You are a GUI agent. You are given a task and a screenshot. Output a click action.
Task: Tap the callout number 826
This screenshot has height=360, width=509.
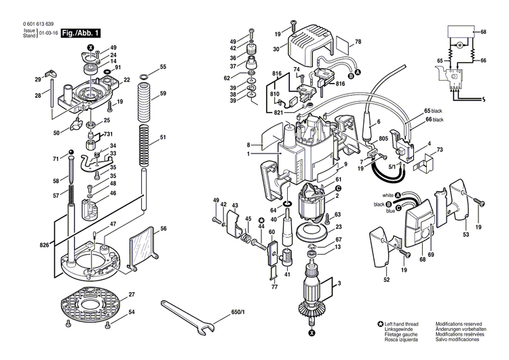[45, 244]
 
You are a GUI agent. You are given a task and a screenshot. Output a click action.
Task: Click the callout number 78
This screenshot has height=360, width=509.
[358, 43]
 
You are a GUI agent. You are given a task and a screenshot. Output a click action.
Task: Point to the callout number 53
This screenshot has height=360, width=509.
[466, 234]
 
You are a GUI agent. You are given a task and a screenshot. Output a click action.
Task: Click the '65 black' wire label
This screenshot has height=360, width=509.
[433, 111]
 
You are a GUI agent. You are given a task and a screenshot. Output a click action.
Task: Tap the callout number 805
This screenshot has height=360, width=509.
[383, 139]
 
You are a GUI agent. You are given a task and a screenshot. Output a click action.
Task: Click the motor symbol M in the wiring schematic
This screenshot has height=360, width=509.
[459, 45]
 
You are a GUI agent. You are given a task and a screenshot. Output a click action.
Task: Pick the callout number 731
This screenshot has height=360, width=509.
[108, 134]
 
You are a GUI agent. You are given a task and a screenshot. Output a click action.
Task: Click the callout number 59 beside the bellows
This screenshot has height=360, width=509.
[163, 93]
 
